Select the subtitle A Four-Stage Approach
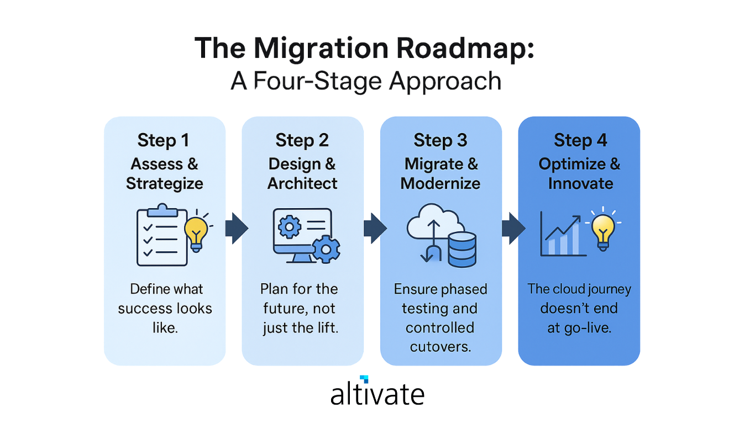[366, 81]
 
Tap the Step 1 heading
[164, 141]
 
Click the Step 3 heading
[441, 141]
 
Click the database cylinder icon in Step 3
[462, 249]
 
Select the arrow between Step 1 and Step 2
[236, 228]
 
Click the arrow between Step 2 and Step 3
[375, 228]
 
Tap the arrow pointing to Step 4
[512, 228]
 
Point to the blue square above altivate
[364, 379]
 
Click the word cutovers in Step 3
[440, 347]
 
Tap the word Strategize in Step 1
[164, 183]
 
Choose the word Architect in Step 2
[302, 183]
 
